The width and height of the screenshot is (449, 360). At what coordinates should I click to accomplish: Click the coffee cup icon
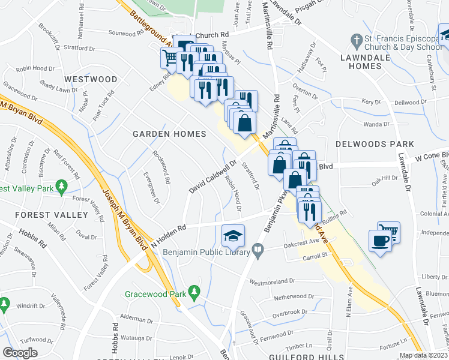[x=381, y=241]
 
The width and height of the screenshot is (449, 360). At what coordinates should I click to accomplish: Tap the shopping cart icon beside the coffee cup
[x=389, y=230]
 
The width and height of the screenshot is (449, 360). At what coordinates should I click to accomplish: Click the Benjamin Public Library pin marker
[x=258, y=248]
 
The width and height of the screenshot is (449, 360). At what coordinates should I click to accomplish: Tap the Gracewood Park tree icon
[x=193, y=292]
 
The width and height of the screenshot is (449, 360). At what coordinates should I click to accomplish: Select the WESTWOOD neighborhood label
[x=91, y=79]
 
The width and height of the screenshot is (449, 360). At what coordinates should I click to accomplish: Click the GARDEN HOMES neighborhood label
[x=169, y=134]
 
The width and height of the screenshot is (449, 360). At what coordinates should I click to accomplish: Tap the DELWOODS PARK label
[x=375, y=144]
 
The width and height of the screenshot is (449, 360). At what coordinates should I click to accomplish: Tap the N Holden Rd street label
[x=170, y=232]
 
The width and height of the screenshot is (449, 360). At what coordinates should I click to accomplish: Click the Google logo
[x=20, y=353]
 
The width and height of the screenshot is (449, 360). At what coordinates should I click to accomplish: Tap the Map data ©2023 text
[x=424, y=355]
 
